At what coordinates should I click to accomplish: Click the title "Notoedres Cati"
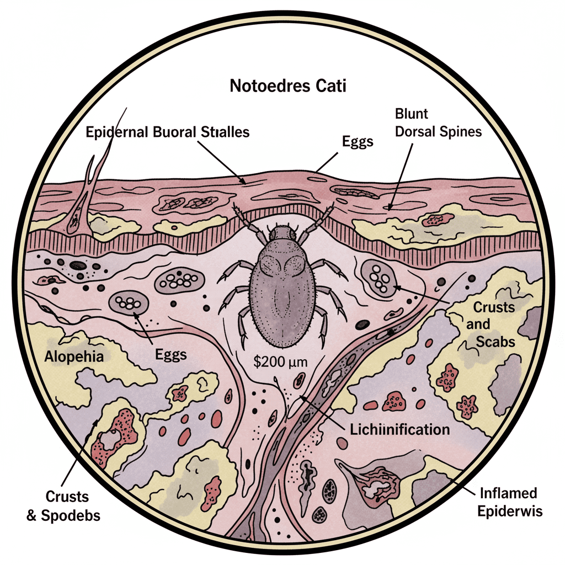[x=284, y=87]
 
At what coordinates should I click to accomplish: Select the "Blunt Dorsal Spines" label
[x=438, y=124]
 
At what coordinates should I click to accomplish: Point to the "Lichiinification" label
[x=400, y=429]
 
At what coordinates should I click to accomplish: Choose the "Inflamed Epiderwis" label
[x=509, y=502]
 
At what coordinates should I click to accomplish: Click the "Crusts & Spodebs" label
[x=65, y=506]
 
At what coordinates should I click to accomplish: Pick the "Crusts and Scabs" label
[x=490, y=324]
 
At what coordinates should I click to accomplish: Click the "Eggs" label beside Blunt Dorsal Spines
[x=358, y=141]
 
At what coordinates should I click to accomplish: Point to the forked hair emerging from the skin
[x=86, y=182]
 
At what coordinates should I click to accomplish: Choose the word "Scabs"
[x=497, y=342]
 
